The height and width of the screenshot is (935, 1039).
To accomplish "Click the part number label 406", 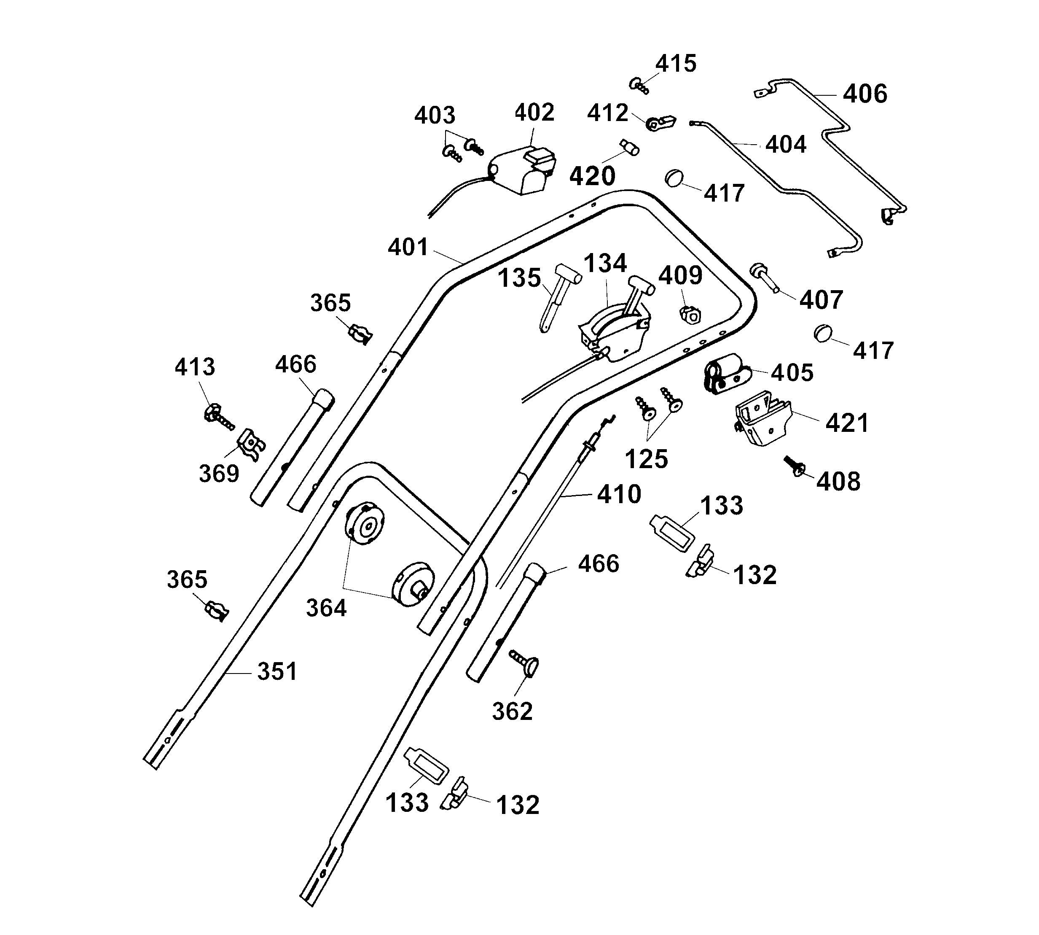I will [865, 94].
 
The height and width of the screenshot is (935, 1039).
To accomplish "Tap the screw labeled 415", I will [639, 85].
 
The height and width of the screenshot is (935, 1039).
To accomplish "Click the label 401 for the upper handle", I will [408, 247].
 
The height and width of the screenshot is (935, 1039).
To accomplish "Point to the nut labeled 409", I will [690, 314].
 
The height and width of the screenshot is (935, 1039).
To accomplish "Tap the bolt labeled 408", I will [795, 466].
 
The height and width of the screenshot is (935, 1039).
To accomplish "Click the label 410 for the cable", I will [619, 494].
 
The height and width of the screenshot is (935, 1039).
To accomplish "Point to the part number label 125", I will [646, 459].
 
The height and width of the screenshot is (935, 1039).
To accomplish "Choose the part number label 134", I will [605, 264].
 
